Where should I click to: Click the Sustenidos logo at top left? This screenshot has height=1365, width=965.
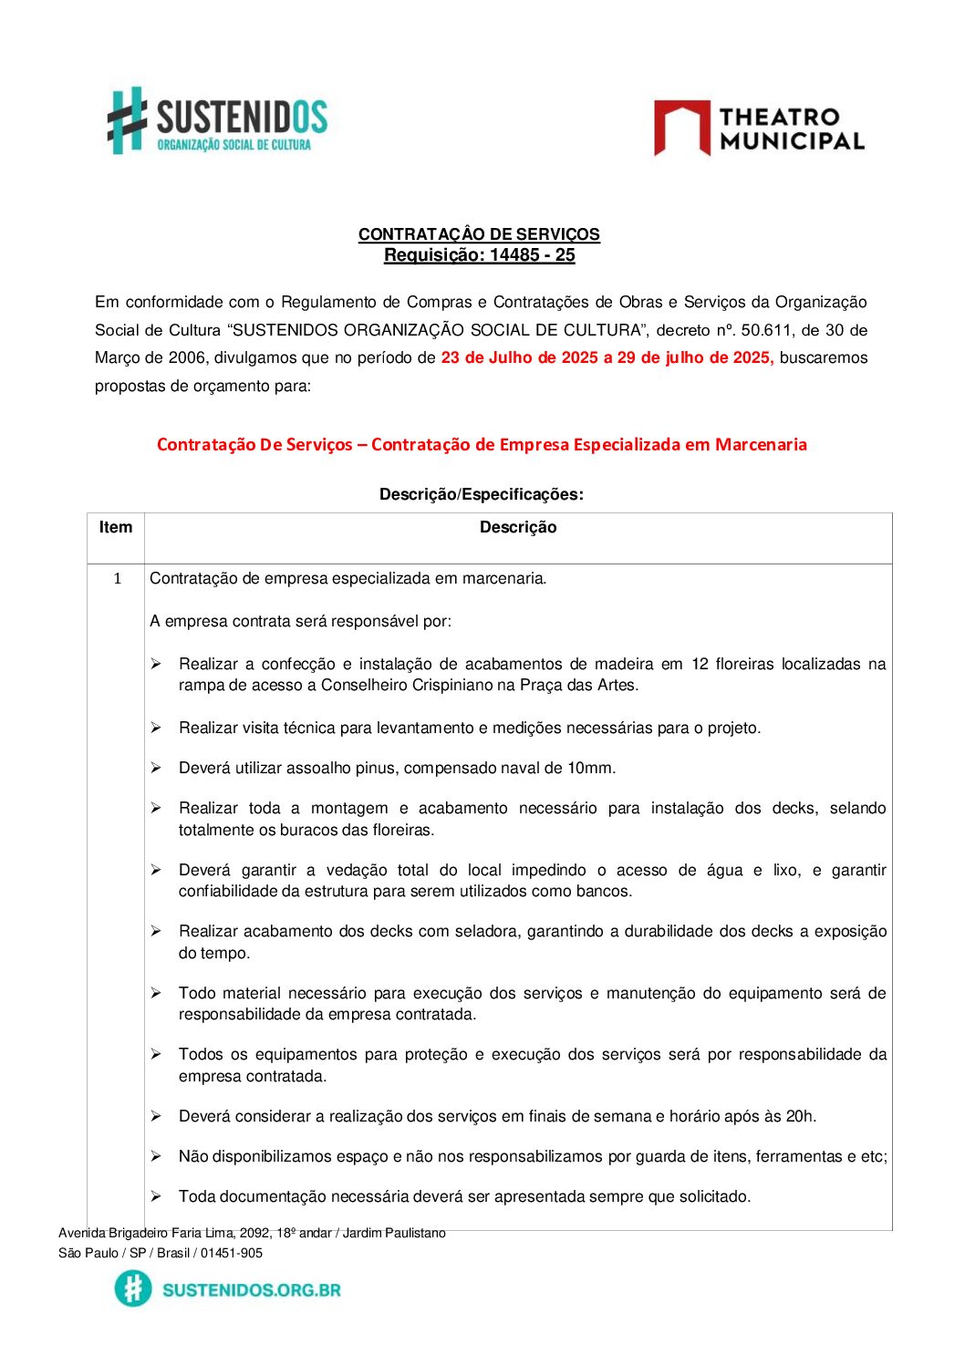pyautogui.click(x=217, y=121)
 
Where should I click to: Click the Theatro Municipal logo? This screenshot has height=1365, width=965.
pyautogui.click(x=759, y=129)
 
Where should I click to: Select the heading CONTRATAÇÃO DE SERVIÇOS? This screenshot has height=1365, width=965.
pyautogui.click(x=479, y=234)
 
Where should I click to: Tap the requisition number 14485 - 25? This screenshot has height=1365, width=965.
pyautogui.click(x=533, y=255)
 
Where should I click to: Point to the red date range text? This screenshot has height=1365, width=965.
pyautogui.click(x=607, y=357)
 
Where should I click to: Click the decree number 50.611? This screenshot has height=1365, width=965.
pyautogui.click(x=763, y=330)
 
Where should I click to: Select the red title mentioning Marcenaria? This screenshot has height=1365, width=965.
pyautogui.click(x=482, y=445)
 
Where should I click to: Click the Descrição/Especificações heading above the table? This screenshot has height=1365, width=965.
pyautogui.click(x=481, y=494)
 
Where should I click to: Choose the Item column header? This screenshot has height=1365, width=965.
pyautogui.click(x=116, y=527)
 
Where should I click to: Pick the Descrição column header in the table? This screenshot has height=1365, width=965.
pyautogui.click(x=517, y=527)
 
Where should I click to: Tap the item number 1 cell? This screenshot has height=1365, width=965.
pyautogui.click(x=117, y=578)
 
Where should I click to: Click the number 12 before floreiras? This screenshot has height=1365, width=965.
pyautogui.click(x=700, y=664)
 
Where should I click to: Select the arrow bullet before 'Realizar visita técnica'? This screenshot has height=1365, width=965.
pyautogui.click(x=156, y=728)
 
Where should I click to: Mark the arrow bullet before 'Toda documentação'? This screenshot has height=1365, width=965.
pyautogui.click(x=156, y=1196)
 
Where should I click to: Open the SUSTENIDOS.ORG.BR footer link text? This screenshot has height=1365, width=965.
pyautogui.click(x=251, y=1290)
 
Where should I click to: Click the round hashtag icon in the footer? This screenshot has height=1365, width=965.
pyautogui.click(x=133, y=1289)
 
